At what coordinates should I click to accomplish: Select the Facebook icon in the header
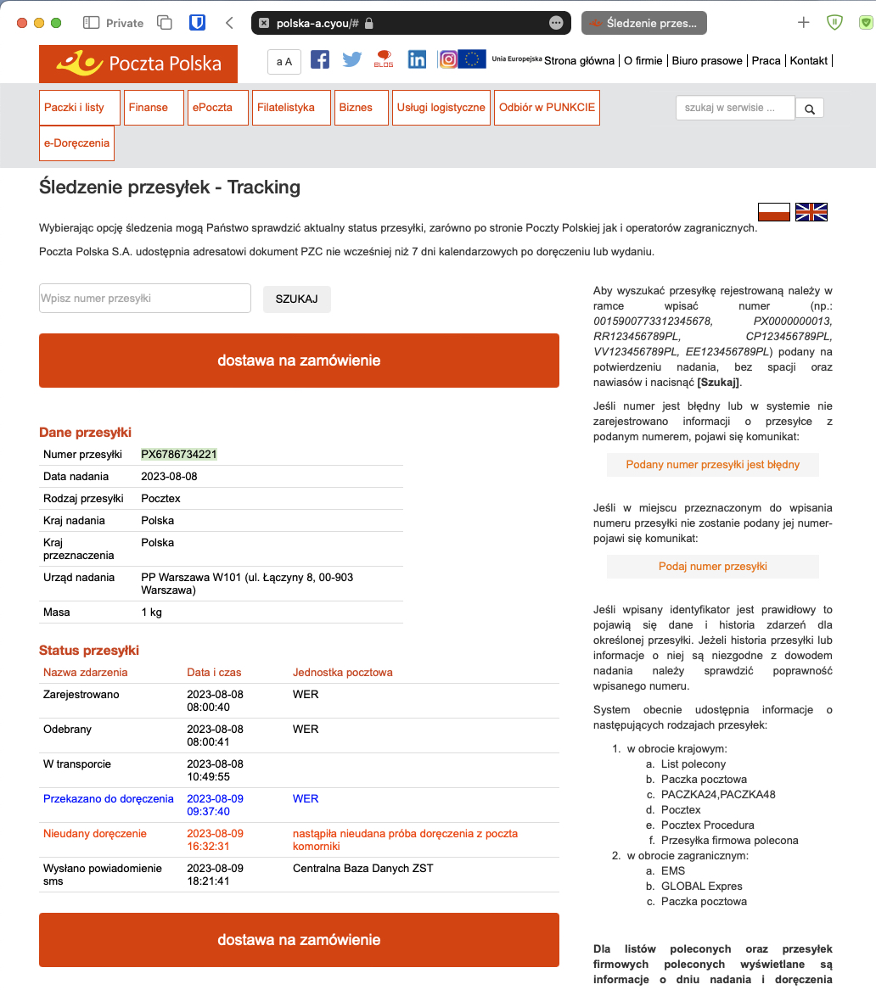pos(320,59)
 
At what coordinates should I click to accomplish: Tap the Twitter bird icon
pos(352,59)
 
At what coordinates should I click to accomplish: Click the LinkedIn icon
pos(417,59)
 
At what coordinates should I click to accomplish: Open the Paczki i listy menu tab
pos(74,108)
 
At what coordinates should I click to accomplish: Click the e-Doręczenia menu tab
pos(76,143)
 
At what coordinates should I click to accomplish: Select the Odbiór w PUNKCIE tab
pos(547,108)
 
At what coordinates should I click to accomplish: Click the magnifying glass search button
pos(810,109)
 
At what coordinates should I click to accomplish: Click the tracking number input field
pos(145,299)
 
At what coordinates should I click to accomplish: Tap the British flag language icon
pos(811,212)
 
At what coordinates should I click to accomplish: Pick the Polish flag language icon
pos(774,212)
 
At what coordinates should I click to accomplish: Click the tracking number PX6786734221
pos(179,455)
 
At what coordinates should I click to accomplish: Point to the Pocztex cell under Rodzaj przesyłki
pos(160,499)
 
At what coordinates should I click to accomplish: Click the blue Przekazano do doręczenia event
pos(109,799)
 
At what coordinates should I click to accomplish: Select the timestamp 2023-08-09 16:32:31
pos(215,840)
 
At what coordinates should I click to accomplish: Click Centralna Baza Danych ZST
pos(365,870)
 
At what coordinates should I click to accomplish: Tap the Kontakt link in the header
pos(808,60)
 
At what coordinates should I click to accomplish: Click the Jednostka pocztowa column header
pos(343,673)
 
